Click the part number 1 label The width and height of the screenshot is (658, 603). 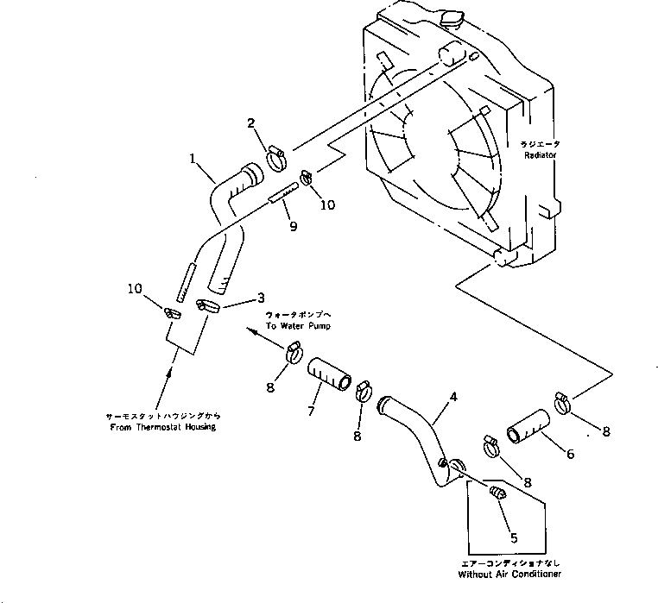click(x=194, y=159)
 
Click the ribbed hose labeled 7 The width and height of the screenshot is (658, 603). click(x=329, y=375)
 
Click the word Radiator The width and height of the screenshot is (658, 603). click(x=539, y=154)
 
